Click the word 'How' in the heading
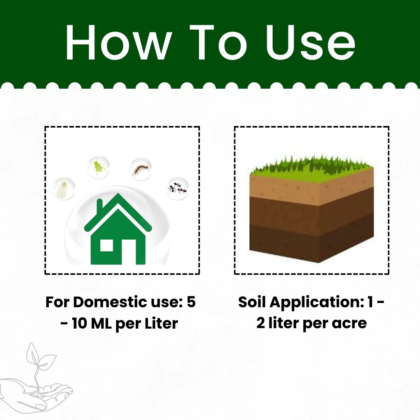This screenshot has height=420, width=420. pyautogui.click(x=119, y=43)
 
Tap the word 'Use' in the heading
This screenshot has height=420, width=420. pyautogui.click(x=310, y=43)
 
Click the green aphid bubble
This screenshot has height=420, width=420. pyautogui.click(x=98, y=167)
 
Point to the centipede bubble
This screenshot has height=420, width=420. pyautogui.click(x=141, y=169)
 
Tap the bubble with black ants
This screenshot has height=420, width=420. pyautogui.click(x=178, y=188)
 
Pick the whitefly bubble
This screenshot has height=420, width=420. pyautogui.click(x=64, y=188)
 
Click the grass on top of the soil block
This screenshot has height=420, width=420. pyautogui.click(x=311, y=168)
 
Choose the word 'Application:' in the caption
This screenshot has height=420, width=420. pyautogui.click(x=316, y=302)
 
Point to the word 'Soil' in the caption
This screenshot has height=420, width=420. pyautogui.click(x=252, y=302)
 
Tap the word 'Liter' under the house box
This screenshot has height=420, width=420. pyautogui.click(x=161, y=323)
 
